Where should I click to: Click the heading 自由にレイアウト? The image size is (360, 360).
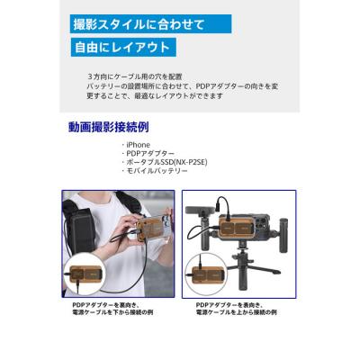pyautogui.click(x=123, y=48)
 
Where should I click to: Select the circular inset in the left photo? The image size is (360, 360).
pyautogui.click(x=90, y=274)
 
